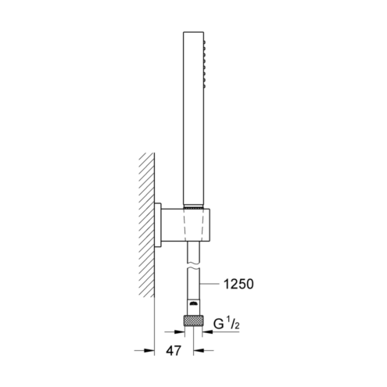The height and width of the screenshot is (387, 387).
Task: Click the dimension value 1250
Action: coord(238,284)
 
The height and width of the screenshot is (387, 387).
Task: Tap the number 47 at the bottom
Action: coord(174,350)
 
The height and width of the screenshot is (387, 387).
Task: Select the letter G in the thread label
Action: coord(219,324)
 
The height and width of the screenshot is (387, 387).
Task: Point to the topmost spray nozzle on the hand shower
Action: coord(205,41)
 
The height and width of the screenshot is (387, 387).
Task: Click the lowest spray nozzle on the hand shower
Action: coord(205,85)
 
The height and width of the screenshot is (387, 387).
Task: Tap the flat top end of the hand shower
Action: coord(193,32)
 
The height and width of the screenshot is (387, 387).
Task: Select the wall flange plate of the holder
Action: coord(157,224)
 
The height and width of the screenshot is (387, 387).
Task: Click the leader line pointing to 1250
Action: coord(209,284)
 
